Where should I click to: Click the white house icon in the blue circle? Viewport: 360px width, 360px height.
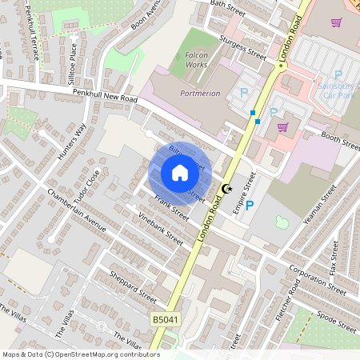pos(180,173)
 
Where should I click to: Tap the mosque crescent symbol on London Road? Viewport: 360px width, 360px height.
pos(226,190)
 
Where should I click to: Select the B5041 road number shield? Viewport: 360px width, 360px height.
pos(164,319)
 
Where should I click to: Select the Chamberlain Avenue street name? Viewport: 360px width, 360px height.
pos(77,212)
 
